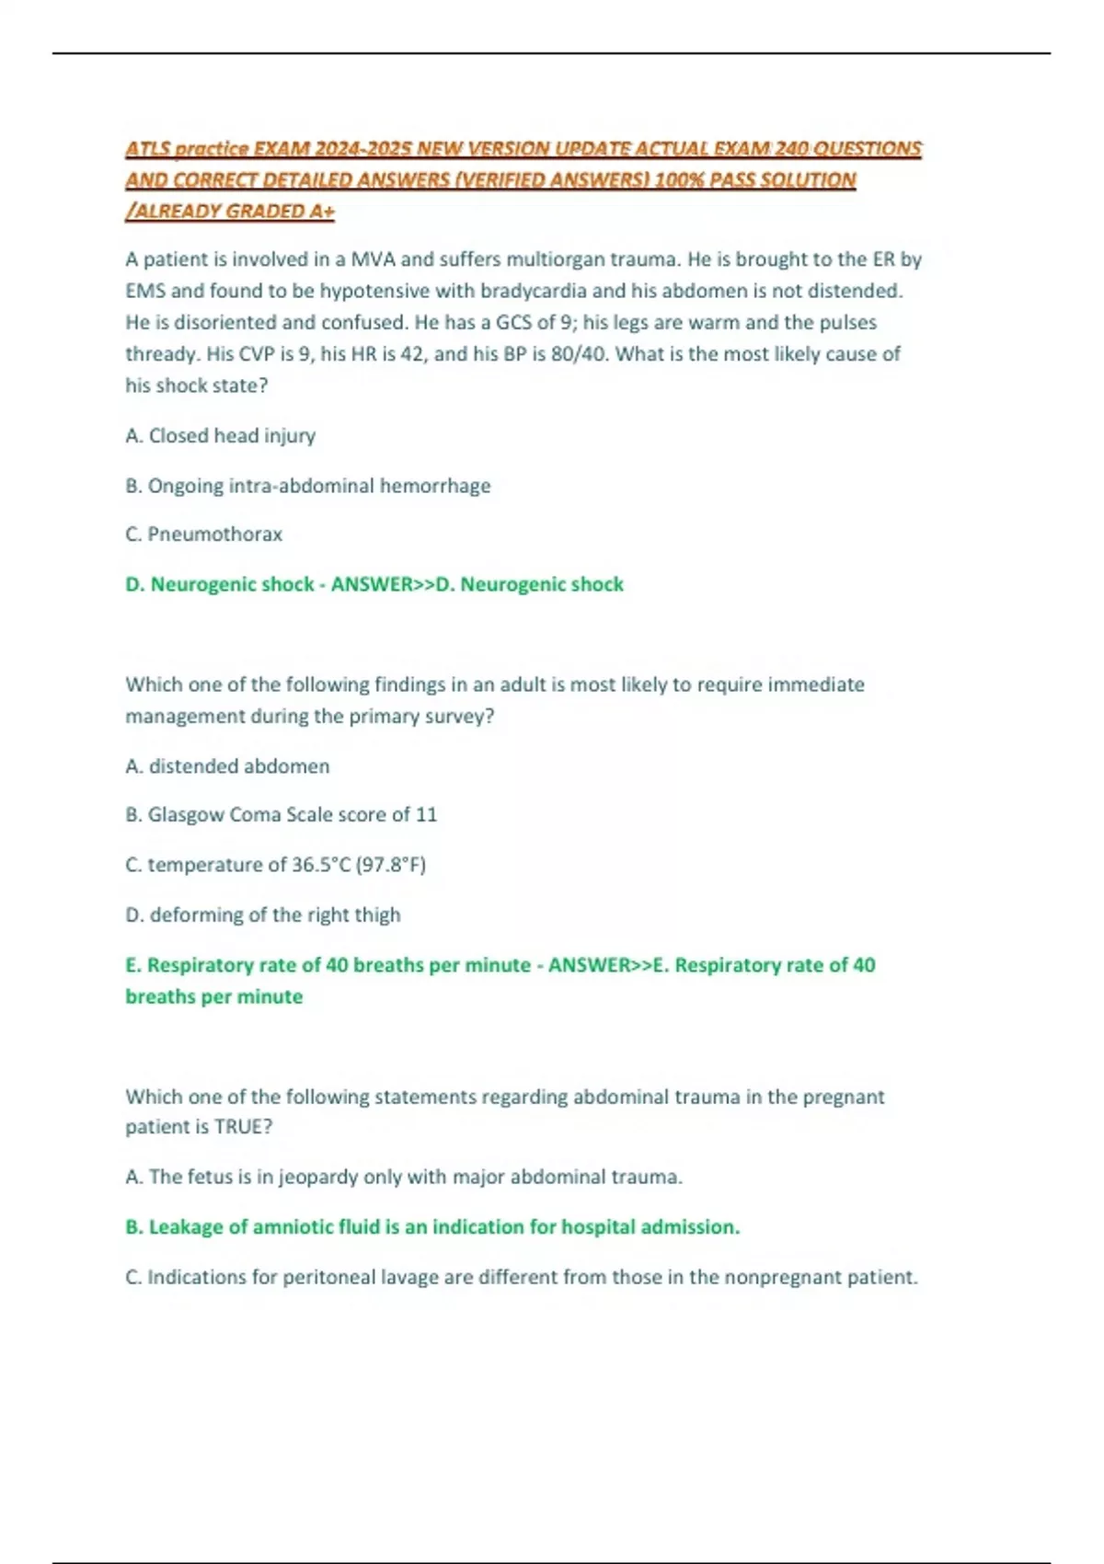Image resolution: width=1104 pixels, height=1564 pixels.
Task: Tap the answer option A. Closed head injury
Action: (x=220, y=435)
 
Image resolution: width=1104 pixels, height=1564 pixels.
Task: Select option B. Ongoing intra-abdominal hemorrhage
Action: (x=307, y=485)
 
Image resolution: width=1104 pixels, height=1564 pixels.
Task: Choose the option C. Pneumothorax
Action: (x=203, y=535)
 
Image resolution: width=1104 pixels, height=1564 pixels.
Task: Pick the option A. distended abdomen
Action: (x=227, y=765)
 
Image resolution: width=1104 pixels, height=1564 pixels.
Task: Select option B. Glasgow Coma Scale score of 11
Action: (x=281, y=814)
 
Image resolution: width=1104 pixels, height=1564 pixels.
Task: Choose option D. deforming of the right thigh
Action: (x=262, y=914)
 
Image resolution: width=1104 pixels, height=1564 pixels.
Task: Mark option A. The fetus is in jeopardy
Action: (x=403, y=1177)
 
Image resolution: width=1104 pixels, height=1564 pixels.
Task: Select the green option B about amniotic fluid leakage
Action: (x=431, y=1226)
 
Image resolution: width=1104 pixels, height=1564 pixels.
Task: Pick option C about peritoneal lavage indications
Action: (x=521, y=1277)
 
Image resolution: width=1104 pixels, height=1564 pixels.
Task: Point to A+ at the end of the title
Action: (x=321, y=212)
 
